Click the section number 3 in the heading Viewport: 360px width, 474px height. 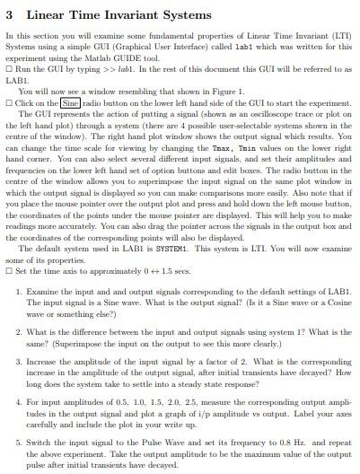[9, 14]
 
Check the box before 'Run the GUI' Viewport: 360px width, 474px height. [8, 69]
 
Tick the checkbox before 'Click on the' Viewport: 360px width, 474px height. [8, 102]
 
